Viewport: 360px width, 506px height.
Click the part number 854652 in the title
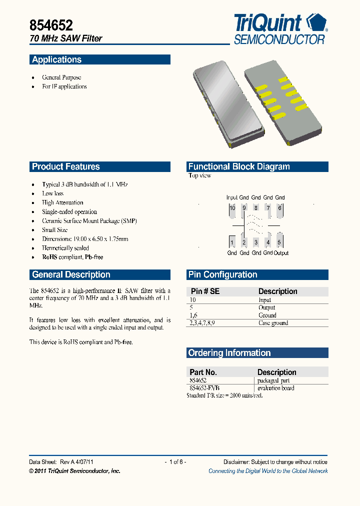[51, 25]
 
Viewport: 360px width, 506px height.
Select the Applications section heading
[56, 59]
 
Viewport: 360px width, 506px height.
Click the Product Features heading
[65, 167]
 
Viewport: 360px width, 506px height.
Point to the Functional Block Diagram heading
[238, 167]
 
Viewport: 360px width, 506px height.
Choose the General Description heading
[71, 274]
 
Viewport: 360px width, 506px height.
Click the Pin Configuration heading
[222, 274]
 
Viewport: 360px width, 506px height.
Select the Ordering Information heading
[229, 353]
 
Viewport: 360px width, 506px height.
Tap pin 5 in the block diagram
[279, 242]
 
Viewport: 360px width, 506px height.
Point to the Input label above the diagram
[232, 197]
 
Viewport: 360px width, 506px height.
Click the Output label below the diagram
[281, 253]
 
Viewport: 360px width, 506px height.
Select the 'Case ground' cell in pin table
[273, 323]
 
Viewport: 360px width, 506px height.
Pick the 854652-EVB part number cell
[204, 388]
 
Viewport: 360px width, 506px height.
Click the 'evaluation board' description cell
[275, 388]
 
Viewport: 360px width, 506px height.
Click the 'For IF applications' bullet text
[64, 86]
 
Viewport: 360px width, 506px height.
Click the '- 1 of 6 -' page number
[175, 462]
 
